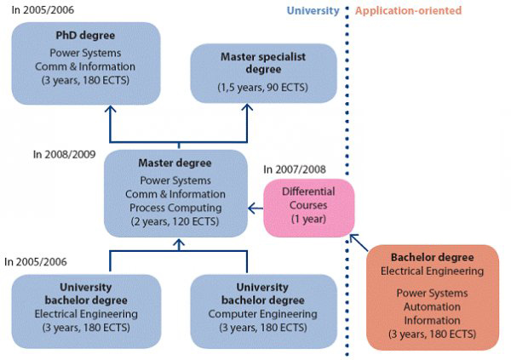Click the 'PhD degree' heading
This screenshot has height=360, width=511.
85,35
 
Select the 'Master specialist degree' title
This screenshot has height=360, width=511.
263,63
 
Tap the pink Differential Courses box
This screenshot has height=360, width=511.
308,208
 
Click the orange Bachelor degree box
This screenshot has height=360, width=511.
433,298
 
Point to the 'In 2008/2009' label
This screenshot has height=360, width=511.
64,154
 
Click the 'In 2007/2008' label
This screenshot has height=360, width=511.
295,169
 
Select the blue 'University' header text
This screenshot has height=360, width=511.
313,11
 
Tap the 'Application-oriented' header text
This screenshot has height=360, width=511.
408,10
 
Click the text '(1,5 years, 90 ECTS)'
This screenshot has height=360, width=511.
262,88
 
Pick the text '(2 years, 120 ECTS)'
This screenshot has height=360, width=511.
175,221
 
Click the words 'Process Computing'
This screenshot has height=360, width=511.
175,208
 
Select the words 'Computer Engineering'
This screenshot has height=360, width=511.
262,314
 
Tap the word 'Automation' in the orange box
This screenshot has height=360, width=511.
432,306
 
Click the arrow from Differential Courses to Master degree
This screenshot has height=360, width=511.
255,209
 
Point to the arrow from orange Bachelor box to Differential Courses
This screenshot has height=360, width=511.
359,243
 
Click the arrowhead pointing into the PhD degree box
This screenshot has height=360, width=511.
111,109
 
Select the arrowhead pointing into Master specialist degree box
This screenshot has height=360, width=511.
247,108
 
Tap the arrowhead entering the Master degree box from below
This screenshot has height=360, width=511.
179,243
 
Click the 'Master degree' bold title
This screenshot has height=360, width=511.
175,163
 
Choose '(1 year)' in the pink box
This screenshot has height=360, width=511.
308,219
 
